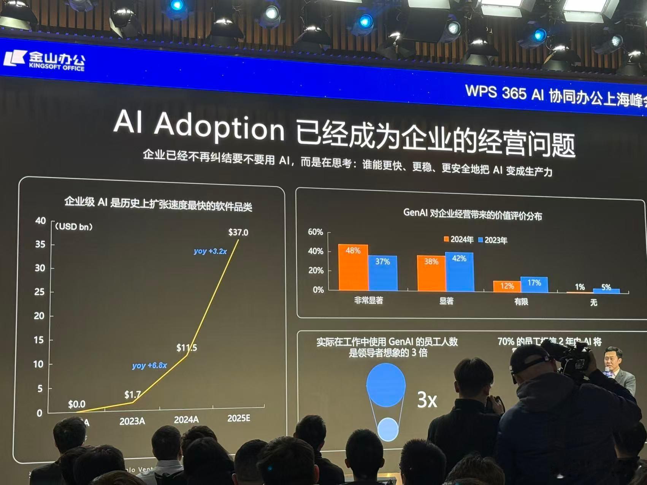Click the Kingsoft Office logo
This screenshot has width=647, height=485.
(x=44, y=61)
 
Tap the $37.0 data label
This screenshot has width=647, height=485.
(x=238, y=232)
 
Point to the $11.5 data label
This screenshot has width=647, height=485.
(x=187, y=347)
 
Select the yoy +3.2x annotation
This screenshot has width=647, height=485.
(x=210, y=251)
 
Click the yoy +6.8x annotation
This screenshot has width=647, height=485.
(x=149, y=365)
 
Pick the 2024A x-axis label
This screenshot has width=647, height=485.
(x=186, y=420)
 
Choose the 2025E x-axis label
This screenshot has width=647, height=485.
(x=239, y=418)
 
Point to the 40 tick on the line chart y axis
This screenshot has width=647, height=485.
(x=40, y=221)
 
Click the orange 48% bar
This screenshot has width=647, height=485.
(x=353, y=268)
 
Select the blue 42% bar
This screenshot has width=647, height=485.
(x=459, y=272)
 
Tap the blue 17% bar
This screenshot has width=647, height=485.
(x=534, y=285)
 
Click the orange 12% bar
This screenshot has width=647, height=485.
(x=507, y=287)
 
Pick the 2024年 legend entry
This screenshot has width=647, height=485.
(x=458, y=239)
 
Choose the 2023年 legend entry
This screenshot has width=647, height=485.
(x=493, y=240)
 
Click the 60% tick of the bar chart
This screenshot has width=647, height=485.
(x=315, y=232)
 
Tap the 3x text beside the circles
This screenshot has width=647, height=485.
(x=427, y=399)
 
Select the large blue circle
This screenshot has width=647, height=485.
(x=386, y=385)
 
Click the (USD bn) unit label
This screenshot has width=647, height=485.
(x=74, y=227)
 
